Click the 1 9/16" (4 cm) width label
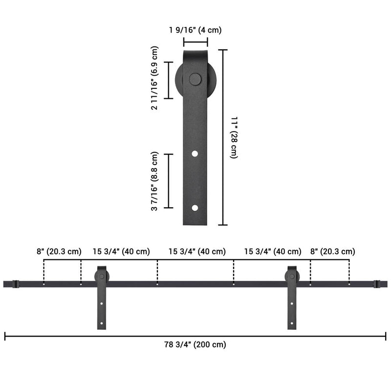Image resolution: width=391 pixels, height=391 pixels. [195, 30]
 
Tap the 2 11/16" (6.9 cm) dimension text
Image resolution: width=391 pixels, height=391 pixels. [155, 78]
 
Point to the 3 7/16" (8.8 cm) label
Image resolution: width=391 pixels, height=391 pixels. [155, 181]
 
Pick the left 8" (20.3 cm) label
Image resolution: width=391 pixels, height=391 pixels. [59, 252]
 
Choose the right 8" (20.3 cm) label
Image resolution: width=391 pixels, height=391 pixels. [332, 252]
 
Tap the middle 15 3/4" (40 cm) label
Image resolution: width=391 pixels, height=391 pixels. [197, 252]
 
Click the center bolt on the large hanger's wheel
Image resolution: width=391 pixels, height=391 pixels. [195, 79]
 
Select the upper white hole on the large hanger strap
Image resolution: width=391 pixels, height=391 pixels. [195, 154]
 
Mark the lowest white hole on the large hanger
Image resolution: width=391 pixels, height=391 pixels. [195, 208]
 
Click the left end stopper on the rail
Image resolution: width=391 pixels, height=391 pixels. [16, 283]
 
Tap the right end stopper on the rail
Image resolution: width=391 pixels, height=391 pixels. [376, 283]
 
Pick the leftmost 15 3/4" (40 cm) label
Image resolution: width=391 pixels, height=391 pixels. [121, 252]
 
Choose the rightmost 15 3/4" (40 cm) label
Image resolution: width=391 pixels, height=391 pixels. [273, 252]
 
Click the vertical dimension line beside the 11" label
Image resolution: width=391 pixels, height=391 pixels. [223, 137]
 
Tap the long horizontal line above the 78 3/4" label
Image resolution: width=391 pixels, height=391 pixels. [195, 336]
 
